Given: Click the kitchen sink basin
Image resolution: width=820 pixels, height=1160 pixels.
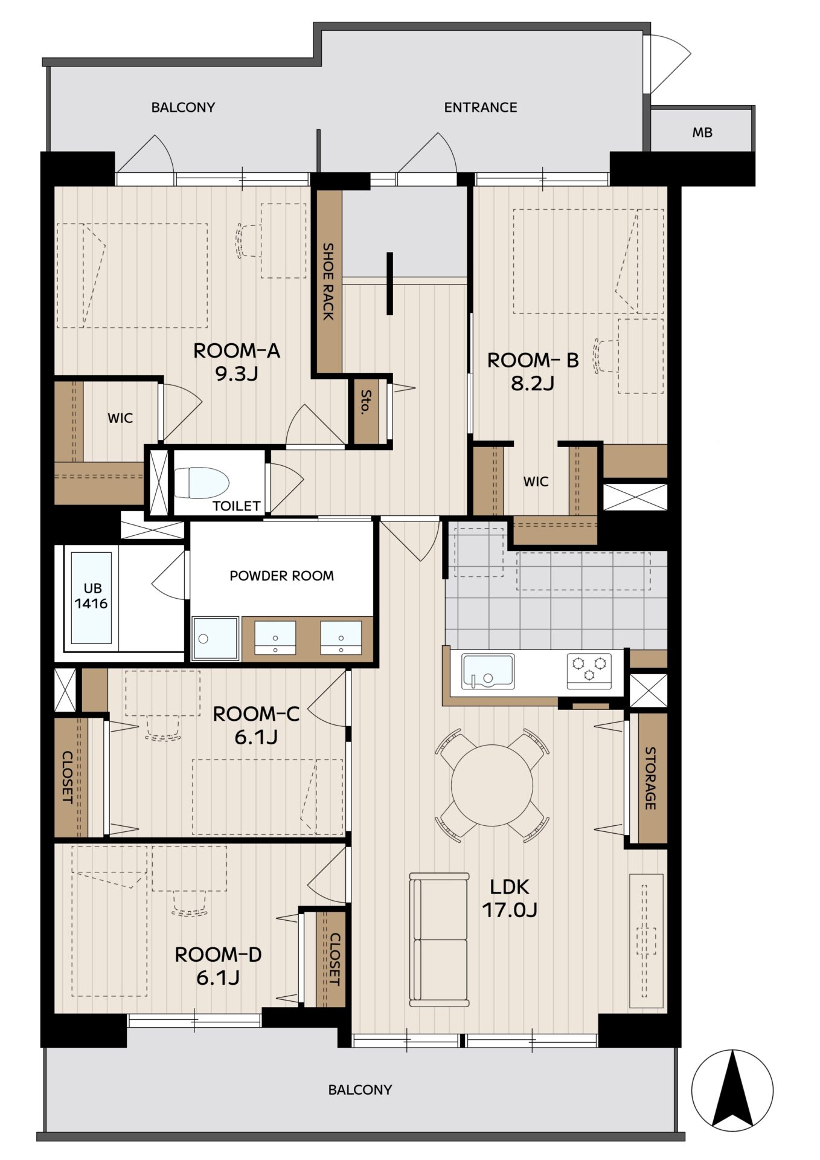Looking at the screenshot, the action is coord(487,671).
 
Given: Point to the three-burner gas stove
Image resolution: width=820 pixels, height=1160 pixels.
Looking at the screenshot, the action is coord(589,671).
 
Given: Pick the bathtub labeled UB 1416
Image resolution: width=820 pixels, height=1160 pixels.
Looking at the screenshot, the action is coord(91,597).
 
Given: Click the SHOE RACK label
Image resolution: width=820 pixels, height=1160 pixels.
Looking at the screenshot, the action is coord(328,281).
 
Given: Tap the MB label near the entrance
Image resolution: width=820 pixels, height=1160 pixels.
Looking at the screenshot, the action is coord(702,132).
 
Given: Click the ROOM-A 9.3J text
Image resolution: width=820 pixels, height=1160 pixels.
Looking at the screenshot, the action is coord(237,362).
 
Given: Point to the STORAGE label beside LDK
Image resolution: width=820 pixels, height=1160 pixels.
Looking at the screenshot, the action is coord(650,778).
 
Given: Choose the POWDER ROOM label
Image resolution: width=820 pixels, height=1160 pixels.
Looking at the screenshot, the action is coord(282,576).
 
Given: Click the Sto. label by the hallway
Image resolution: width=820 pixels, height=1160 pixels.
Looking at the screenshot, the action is coord(365,402).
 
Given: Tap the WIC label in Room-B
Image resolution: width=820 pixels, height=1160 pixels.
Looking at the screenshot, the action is coord(536,482).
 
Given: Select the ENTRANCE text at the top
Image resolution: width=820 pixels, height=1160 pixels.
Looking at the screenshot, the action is coord(481,108).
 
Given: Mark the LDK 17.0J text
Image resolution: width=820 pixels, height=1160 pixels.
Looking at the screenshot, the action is coord(510,898).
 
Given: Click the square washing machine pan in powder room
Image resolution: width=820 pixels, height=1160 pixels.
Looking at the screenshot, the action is coord(215,638).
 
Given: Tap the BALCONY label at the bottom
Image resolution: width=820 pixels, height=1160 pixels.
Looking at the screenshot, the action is coord(360,1090).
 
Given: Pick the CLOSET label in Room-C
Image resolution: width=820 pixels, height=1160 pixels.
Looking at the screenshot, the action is coord(68,777).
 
